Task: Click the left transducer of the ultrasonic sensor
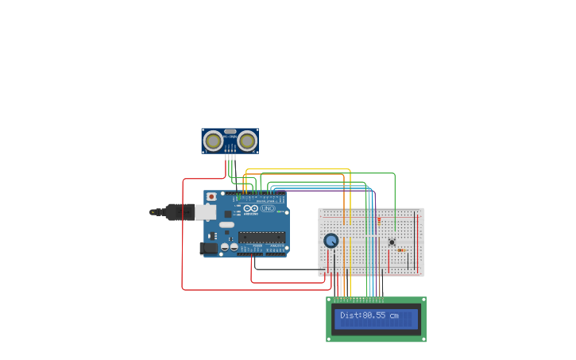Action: pos(213,141)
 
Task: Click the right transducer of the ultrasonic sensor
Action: pos(248,141)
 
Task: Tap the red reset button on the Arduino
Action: pos(211,196)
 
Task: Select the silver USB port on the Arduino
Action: pos(205,212)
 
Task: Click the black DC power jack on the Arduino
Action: pos(208,248)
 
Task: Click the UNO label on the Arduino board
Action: pos(267,210)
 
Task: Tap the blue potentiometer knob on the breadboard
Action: pos(331,241)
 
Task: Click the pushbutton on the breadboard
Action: pos(392,242)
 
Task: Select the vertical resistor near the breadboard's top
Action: pos(379,221)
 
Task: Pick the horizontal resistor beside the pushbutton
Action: pos(401,250)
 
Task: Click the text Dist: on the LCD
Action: pos(350,315)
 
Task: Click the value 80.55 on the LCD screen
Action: pos(374,315)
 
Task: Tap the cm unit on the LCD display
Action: pos(394,315)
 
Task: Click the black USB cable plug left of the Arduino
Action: pos(179,211)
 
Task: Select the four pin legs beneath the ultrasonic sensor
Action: pos(230,157)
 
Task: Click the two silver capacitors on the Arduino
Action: pos(230,247)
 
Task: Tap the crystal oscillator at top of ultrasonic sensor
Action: pos(230,131)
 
